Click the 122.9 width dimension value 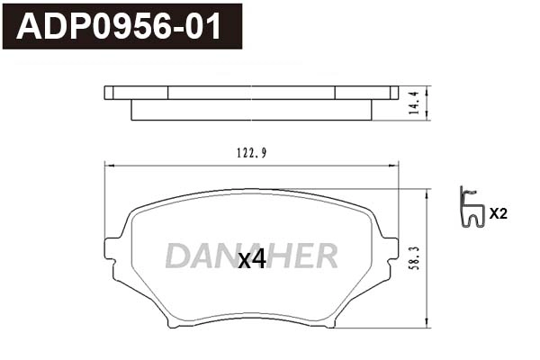click(250, 152)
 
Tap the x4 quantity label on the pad click(251, 260)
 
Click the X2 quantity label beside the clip click(498, 214)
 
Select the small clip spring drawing click(471, 209)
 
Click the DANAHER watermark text click(251, 256)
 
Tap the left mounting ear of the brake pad click(113, 249)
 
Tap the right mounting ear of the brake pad click(390, 249)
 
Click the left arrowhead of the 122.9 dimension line click(110, 164)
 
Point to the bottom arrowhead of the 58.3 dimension click(427, 324)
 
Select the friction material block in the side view click(251, 109)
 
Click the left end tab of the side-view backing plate click(110, 92)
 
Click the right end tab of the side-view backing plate click(393, 92)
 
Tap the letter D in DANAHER click(175, 256)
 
